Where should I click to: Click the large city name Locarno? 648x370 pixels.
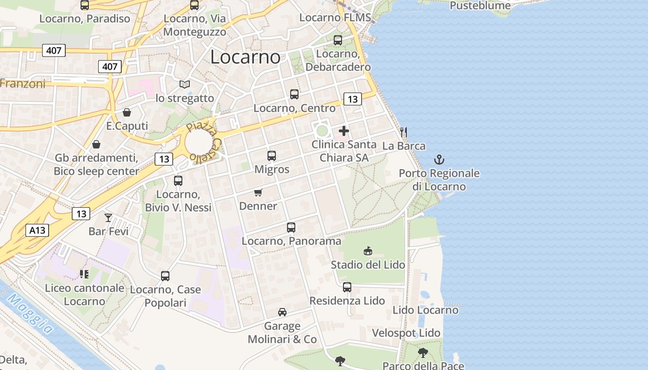(x=245, y=57)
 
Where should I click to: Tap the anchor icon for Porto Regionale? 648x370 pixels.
(x=439, y=160)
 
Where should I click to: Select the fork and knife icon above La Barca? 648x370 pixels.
(x=404, y=132)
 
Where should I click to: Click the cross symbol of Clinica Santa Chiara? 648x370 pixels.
(x=344, y=131)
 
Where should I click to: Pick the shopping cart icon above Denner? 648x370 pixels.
(x=258, y=192)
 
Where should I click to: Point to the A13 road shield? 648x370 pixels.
(x=37, y=230)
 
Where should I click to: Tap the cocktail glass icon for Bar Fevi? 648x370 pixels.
(x=108, y=217)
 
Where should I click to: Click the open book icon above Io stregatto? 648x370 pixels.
(x=185, y=85)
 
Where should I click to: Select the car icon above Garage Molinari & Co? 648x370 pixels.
(x=282, y=312)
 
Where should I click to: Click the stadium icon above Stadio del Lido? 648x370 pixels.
(x=368, y=251)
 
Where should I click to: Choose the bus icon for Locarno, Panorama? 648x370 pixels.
(x=291, y=228)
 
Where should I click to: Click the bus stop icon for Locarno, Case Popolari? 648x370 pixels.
(x=165, y=276)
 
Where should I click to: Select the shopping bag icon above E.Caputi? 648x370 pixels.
(x=127, y=112)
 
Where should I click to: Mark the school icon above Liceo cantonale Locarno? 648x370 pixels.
(x=84, y=274)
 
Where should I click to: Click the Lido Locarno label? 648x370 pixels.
(x=425, y=310)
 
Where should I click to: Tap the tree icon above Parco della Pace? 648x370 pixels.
(x=423, y=353)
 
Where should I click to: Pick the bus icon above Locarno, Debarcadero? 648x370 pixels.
(x=338, y=40)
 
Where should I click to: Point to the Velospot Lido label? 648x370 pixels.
(x=406, y=333)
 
